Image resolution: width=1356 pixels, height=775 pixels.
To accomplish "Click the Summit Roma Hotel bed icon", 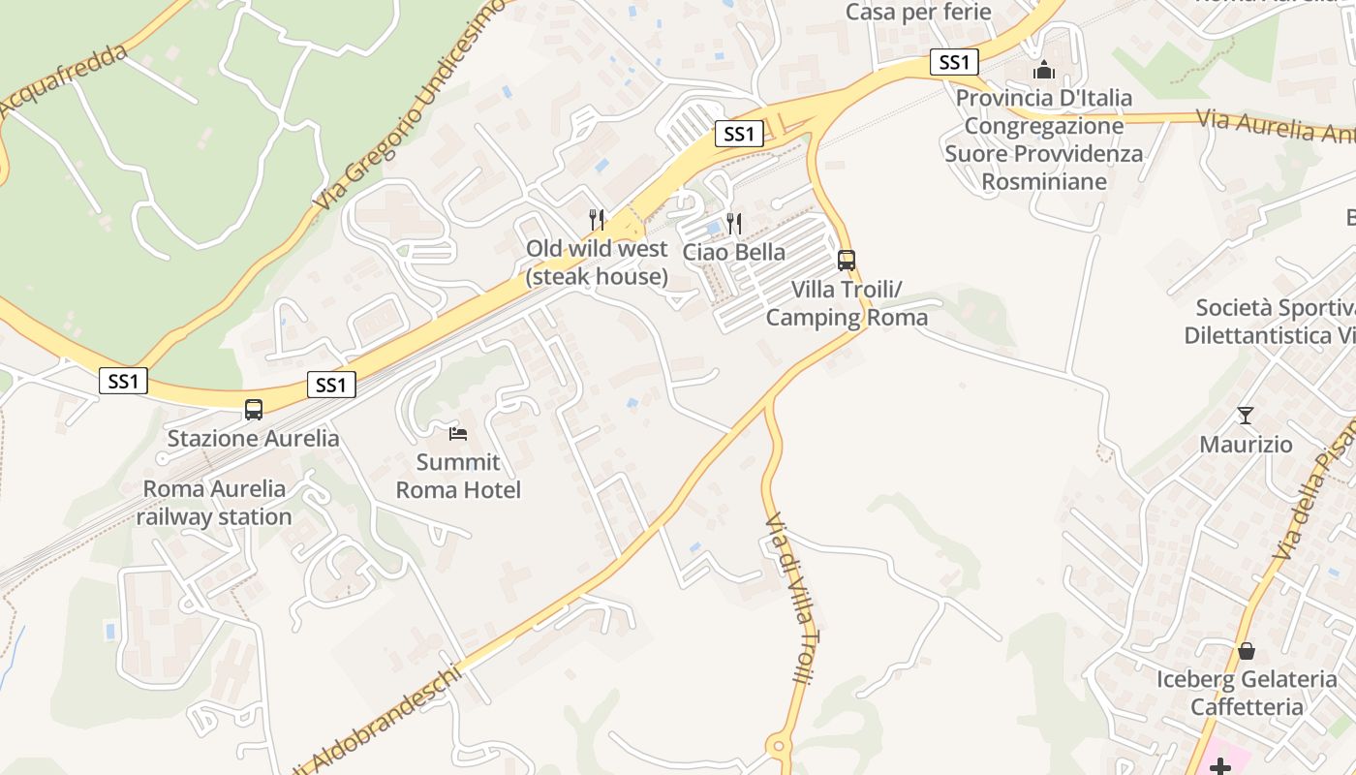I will [x=458, y=433].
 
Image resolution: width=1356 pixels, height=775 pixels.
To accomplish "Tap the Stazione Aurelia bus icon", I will [x=254, y=409].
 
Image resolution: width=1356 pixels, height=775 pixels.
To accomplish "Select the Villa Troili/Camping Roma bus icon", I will [x=847, y=260].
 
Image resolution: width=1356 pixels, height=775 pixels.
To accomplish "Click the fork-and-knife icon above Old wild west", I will [x=597, y=220].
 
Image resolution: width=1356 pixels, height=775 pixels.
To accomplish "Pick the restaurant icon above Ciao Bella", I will [x=734, y=224].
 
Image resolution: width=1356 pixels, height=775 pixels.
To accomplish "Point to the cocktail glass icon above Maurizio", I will [x=1246, y=416].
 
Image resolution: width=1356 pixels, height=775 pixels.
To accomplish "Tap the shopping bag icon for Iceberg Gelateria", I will [x=1247, y=651].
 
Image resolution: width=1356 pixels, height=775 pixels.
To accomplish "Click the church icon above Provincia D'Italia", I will [x=1044, y=70].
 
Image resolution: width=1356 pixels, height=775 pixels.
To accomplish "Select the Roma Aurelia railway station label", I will [x=214, y=503].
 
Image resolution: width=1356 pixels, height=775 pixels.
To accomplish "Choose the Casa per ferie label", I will [x=918, y=13].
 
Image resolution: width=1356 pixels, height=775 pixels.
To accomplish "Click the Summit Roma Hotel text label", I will [x=458, y=476].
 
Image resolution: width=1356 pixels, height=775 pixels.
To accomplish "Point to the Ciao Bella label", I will [x=734, y=253].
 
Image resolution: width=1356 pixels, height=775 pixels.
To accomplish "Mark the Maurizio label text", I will [x=1246, y=445].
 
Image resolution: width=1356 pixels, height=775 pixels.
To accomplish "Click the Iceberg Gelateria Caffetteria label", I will [x=1247, y=693].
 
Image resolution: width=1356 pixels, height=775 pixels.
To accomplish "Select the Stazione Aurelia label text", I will [x=254, y=439].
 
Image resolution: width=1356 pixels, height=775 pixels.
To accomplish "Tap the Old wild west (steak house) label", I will [x=597, y=263].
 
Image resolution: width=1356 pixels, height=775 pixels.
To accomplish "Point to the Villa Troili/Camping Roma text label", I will [x=847, y=303].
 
